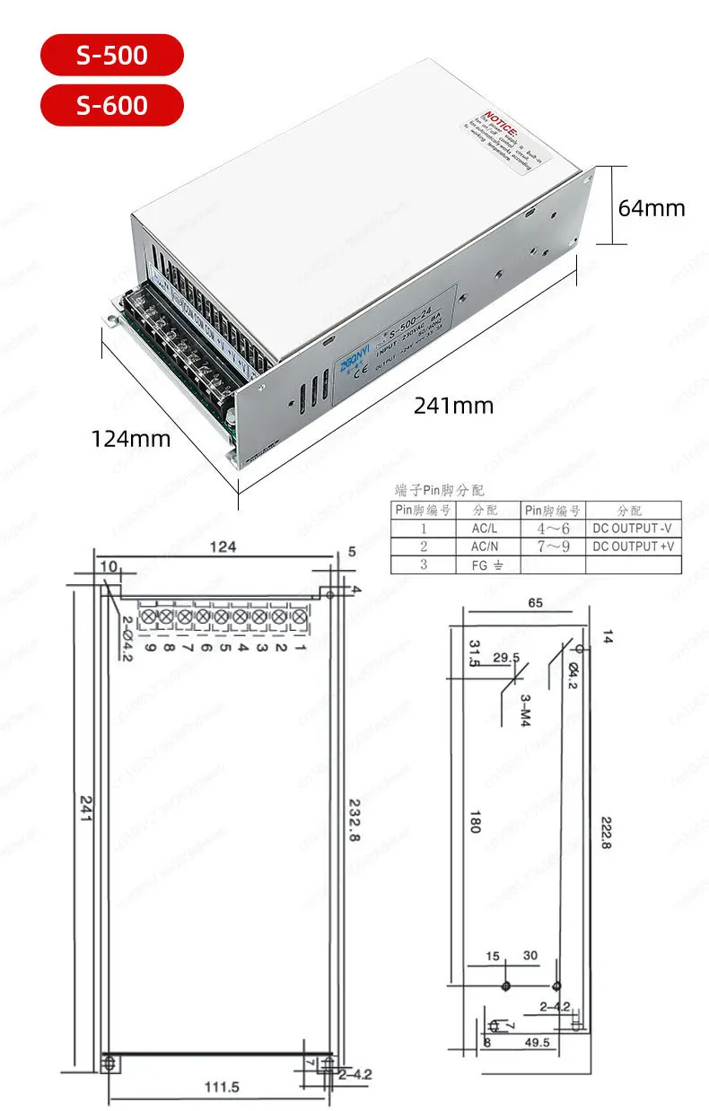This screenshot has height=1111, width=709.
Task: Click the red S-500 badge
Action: [x=111, y=56]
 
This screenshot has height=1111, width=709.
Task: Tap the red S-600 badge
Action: [x=111, y=104]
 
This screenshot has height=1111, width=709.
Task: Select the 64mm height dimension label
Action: [x=652, y=208]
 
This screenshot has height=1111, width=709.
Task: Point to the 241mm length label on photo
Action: [x=453, y=406]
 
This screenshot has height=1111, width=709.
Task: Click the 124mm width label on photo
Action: [x=130, y=439]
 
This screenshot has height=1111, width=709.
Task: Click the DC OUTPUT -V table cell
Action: [x=633, y=529]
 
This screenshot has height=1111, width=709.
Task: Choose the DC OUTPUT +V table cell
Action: [x=633, y=547]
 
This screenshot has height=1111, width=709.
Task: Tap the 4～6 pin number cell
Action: [x=553, y=529]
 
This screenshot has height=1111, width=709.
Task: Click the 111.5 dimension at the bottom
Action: [x=223, y=1088]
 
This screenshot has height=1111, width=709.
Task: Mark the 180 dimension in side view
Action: [x=475, y=821]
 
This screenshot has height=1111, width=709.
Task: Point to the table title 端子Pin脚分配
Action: [x=440, y=491]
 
